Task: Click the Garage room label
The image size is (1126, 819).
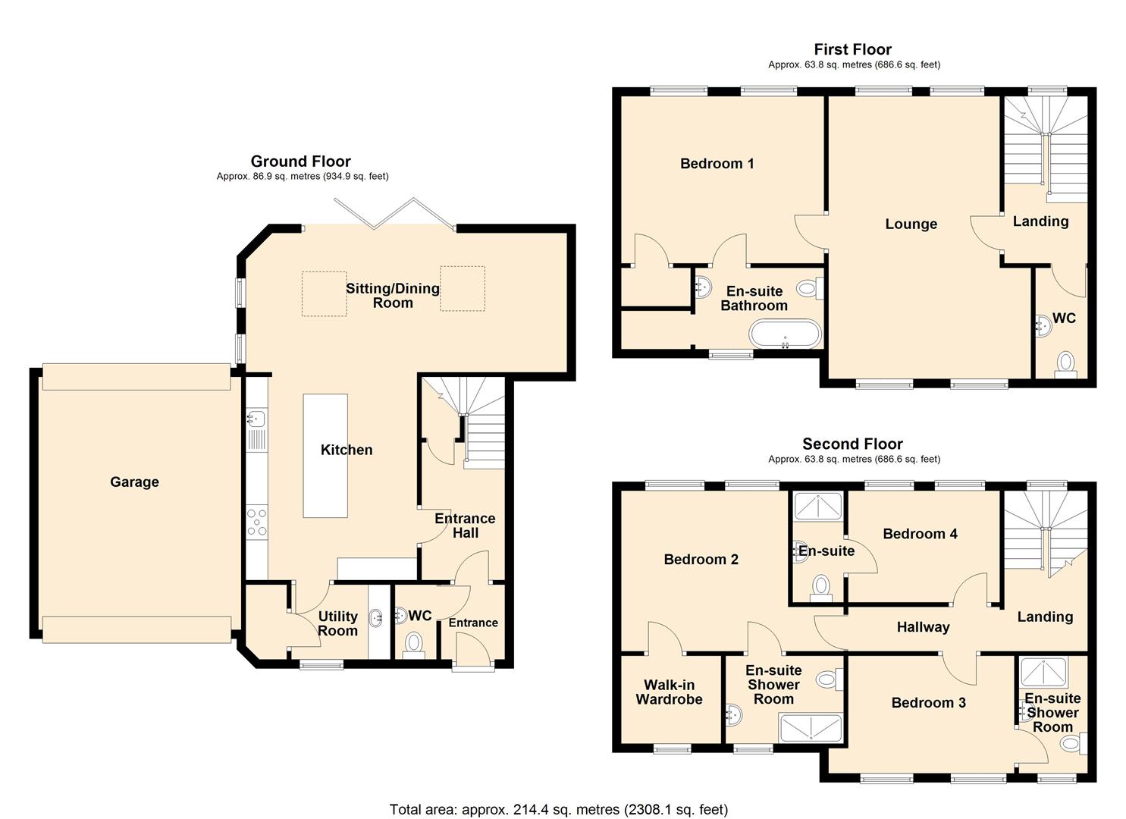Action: pos(134,482)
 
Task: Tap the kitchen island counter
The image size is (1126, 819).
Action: pos(325,456)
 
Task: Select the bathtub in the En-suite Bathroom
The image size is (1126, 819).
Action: pos(784,334)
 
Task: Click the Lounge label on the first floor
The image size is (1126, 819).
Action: pos(911,224)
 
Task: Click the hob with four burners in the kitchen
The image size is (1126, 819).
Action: pos(257,522)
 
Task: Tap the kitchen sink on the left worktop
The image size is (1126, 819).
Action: pos(256,418)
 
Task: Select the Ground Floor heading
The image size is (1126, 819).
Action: pos(300,161)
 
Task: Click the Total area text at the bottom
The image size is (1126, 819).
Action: pos(558,809)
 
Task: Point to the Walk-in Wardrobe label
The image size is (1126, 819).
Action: pos(669,692)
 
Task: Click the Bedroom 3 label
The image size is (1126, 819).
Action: pos(928,702)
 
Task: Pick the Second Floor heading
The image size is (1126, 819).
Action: pos(852,444)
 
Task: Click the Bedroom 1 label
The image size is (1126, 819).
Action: pos(717,163)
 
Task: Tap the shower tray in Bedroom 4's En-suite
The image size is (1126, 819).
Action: pos(817,506)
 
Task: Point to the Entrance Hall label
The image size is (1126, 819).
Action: pos(464,526)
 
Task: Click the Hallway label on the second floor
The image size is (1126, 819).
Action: pos(923,627)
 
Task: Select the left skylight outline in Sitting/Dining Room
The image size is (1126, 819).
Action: pos(325,293)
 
